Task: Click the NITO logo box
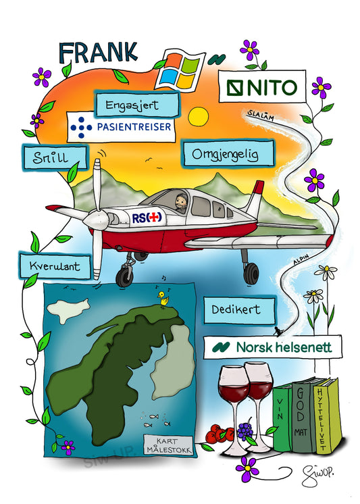coord(262,86)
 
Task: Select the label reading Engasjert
coord(136,105)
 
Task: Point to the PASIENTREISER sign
coord(121,127)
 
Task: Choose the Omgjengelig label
coord(228,153)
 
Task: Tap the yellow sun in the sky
coord(199,116)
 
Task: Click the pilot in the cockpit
coord(180,203)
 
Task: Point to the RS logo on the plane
coord(147,218)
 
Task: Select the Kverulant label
coord(55,266)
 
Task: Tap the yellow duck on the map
coord(164,299)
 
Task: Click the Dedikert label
coord(240,310)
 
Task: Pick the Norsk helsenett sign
coord(273,347)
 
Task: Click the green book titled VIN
coord(282,417)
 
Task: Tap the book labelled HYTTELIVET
coord(326,416)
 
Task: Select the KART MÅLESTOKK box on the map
coord(168,445)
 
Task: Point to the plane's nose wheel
coord(124,277)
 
